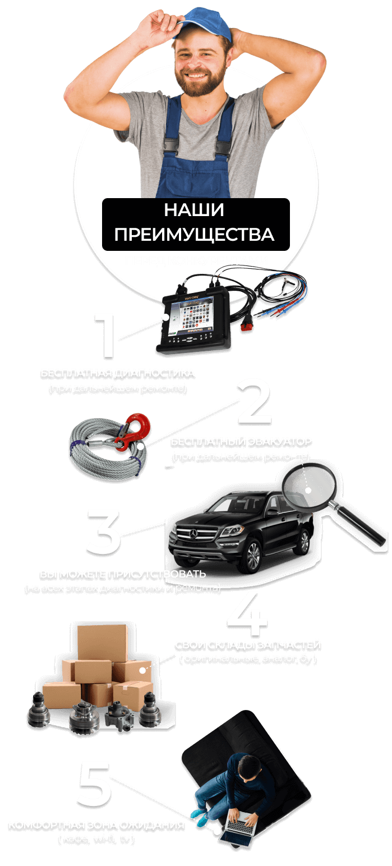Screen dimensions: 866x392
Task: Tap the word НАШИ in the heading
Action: (193, 210)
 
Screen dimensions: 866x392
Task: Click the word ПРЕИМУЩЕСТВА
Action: (194, 234)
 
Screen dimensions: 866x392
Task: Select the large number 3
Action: (104, 530)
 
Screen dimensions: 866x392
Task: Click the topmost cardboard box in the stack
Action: (103, 642)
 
